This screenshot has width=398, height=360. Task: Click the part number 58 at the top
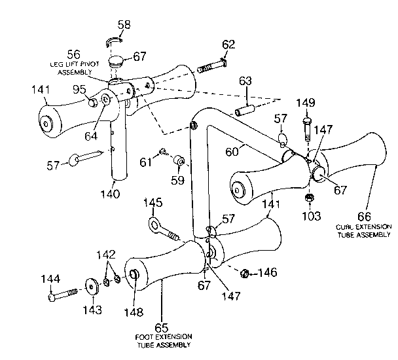click(123, 25)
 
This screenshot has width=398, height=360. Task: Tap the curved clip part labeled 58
click(116, 43)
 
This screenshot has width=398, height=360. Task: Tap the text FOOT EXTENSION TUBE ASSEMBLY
click(164, 340)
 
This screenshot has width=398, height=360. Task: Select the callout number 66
click(364, 216)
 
